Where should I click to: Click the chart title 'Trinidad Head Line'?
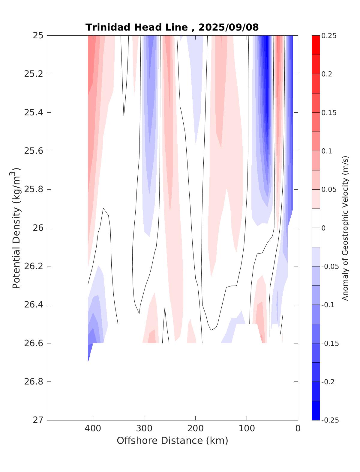(x=136, y=27)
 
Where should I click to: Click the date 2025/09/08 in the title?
(x=228, y=27)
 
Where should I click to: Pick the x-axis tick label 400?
(x=93, y=429)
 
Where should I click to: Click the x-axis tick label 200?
(x=196, y=429)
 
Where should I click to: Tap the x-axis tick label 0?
(x=298, y=429)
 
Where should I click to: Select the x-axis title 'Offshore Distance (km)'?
(x=172, y=441)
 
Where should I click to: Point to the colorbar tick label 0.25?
(x=329, y=36)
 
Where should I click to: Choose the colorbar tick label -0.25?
(x=330, y=420)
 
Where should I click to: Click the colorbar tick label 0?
(x=323, y=228)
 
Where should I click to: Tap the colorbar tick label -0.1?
(x=328, y=305)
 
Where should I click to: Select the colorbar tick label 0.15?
(x=329, y=113)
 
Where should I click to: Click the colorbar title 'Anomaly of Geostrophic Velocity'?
(x=345, y=228)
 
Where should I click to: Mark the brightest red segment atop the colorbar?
(x=316, y=45)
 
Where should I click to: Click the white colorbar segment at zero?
(x=316, y=228)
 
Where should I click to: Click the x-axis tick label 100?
(x=247, y=429)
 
